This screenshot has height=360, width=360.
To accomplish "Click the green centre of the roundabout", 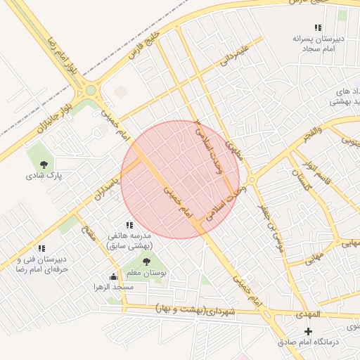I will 91,89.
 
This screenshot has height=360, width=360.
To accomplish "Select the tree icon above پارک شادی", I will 44,165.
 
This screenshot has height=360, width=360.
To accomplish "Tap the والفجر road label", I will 309,131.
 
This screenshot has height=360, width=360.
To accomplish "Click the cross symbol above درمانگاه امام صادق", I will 308,330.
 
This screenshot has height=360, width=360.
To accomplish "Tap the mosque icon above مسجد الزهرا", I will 114,276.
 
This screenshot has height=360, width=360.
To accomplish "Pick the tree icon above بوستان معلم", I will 146,262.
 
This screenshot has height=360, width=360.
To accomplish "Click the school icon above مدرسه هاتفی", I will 129,224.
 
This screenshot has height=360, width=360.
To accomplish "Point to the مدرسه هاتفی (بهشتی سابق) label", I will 134,241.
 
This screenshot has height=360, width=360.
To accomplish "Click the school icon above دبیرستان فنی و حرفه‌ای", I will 41,248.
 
